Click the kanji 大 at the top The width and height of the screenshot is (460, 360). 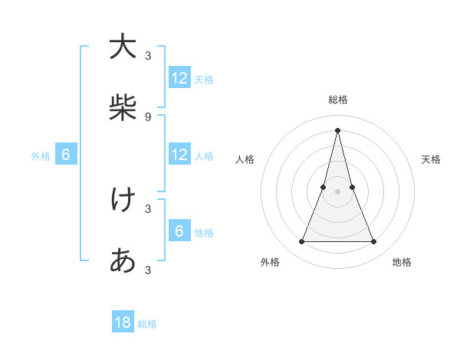[123, 47]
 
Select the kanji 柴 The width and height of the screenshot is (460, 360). [123, 108]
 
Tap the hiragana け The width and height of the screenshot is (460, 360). [123, 200]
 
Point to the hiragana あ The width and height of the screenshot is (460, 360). [123, 261]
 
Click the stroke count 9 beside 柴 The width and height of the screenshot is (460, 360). [148, 116]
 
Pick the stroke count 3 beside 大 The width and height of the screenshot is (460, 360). [148, 55]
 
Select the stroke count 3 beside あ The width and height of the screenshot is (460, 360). [148, 270]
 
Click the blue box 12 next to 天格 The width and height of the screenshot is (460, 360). [179, 78]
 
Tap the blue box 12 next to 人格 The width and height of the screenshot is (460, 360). [179, 155]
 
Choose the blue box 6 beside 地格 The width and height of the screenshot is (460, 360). [179, 231]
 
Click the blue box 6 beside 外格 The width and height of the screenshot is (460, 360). [66, 155]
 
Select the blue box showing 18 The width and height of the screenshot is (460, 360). [123, 322]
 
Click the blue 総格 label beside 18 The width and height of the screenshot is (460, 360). [147, 324]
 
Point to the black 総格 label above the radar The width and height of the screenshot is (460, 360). [337, 100]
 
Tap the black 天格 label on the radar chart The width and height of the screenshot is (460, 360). [431, 159]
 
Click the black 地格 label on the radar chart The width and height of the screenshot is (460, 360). [402, 262]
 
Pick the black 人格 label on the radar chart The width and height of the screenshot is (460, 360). [245, 159]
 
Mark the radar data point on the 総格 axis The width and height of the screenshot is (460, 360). [337, 129]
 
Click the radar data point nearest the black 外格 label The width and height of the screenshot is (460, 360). [301, 242]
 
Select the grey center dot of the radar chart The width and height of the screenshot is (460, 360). [337, 191]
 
